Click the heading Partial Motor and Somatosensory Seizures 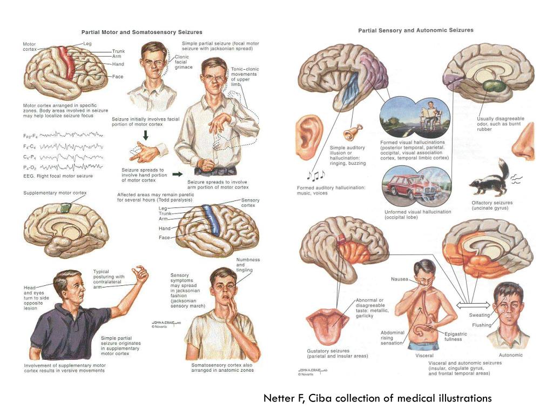pyautogui.click(x=142, y=32)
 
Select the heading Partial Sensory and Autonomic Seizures pyautogui.click(x=416, y=30)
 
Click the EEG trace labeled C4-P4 pyautogui.click(x=72, y=157)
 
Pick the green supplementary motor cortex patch pyautogui.click(x=65, y=208)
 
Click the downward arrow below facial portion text pyautogui.click(x=145, y=135)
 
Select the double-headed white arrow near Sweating pyautogui.click(x=473, y=305)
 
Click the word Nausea pyautogui.click(x=400, y=279)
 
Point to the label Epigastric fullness pyautogui.click(x=455, y=336)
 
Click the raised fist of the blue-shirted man pyautogui.click(x=140, y=274)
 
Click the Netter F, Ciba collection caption pyautogui.click(x=377, y=398)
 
